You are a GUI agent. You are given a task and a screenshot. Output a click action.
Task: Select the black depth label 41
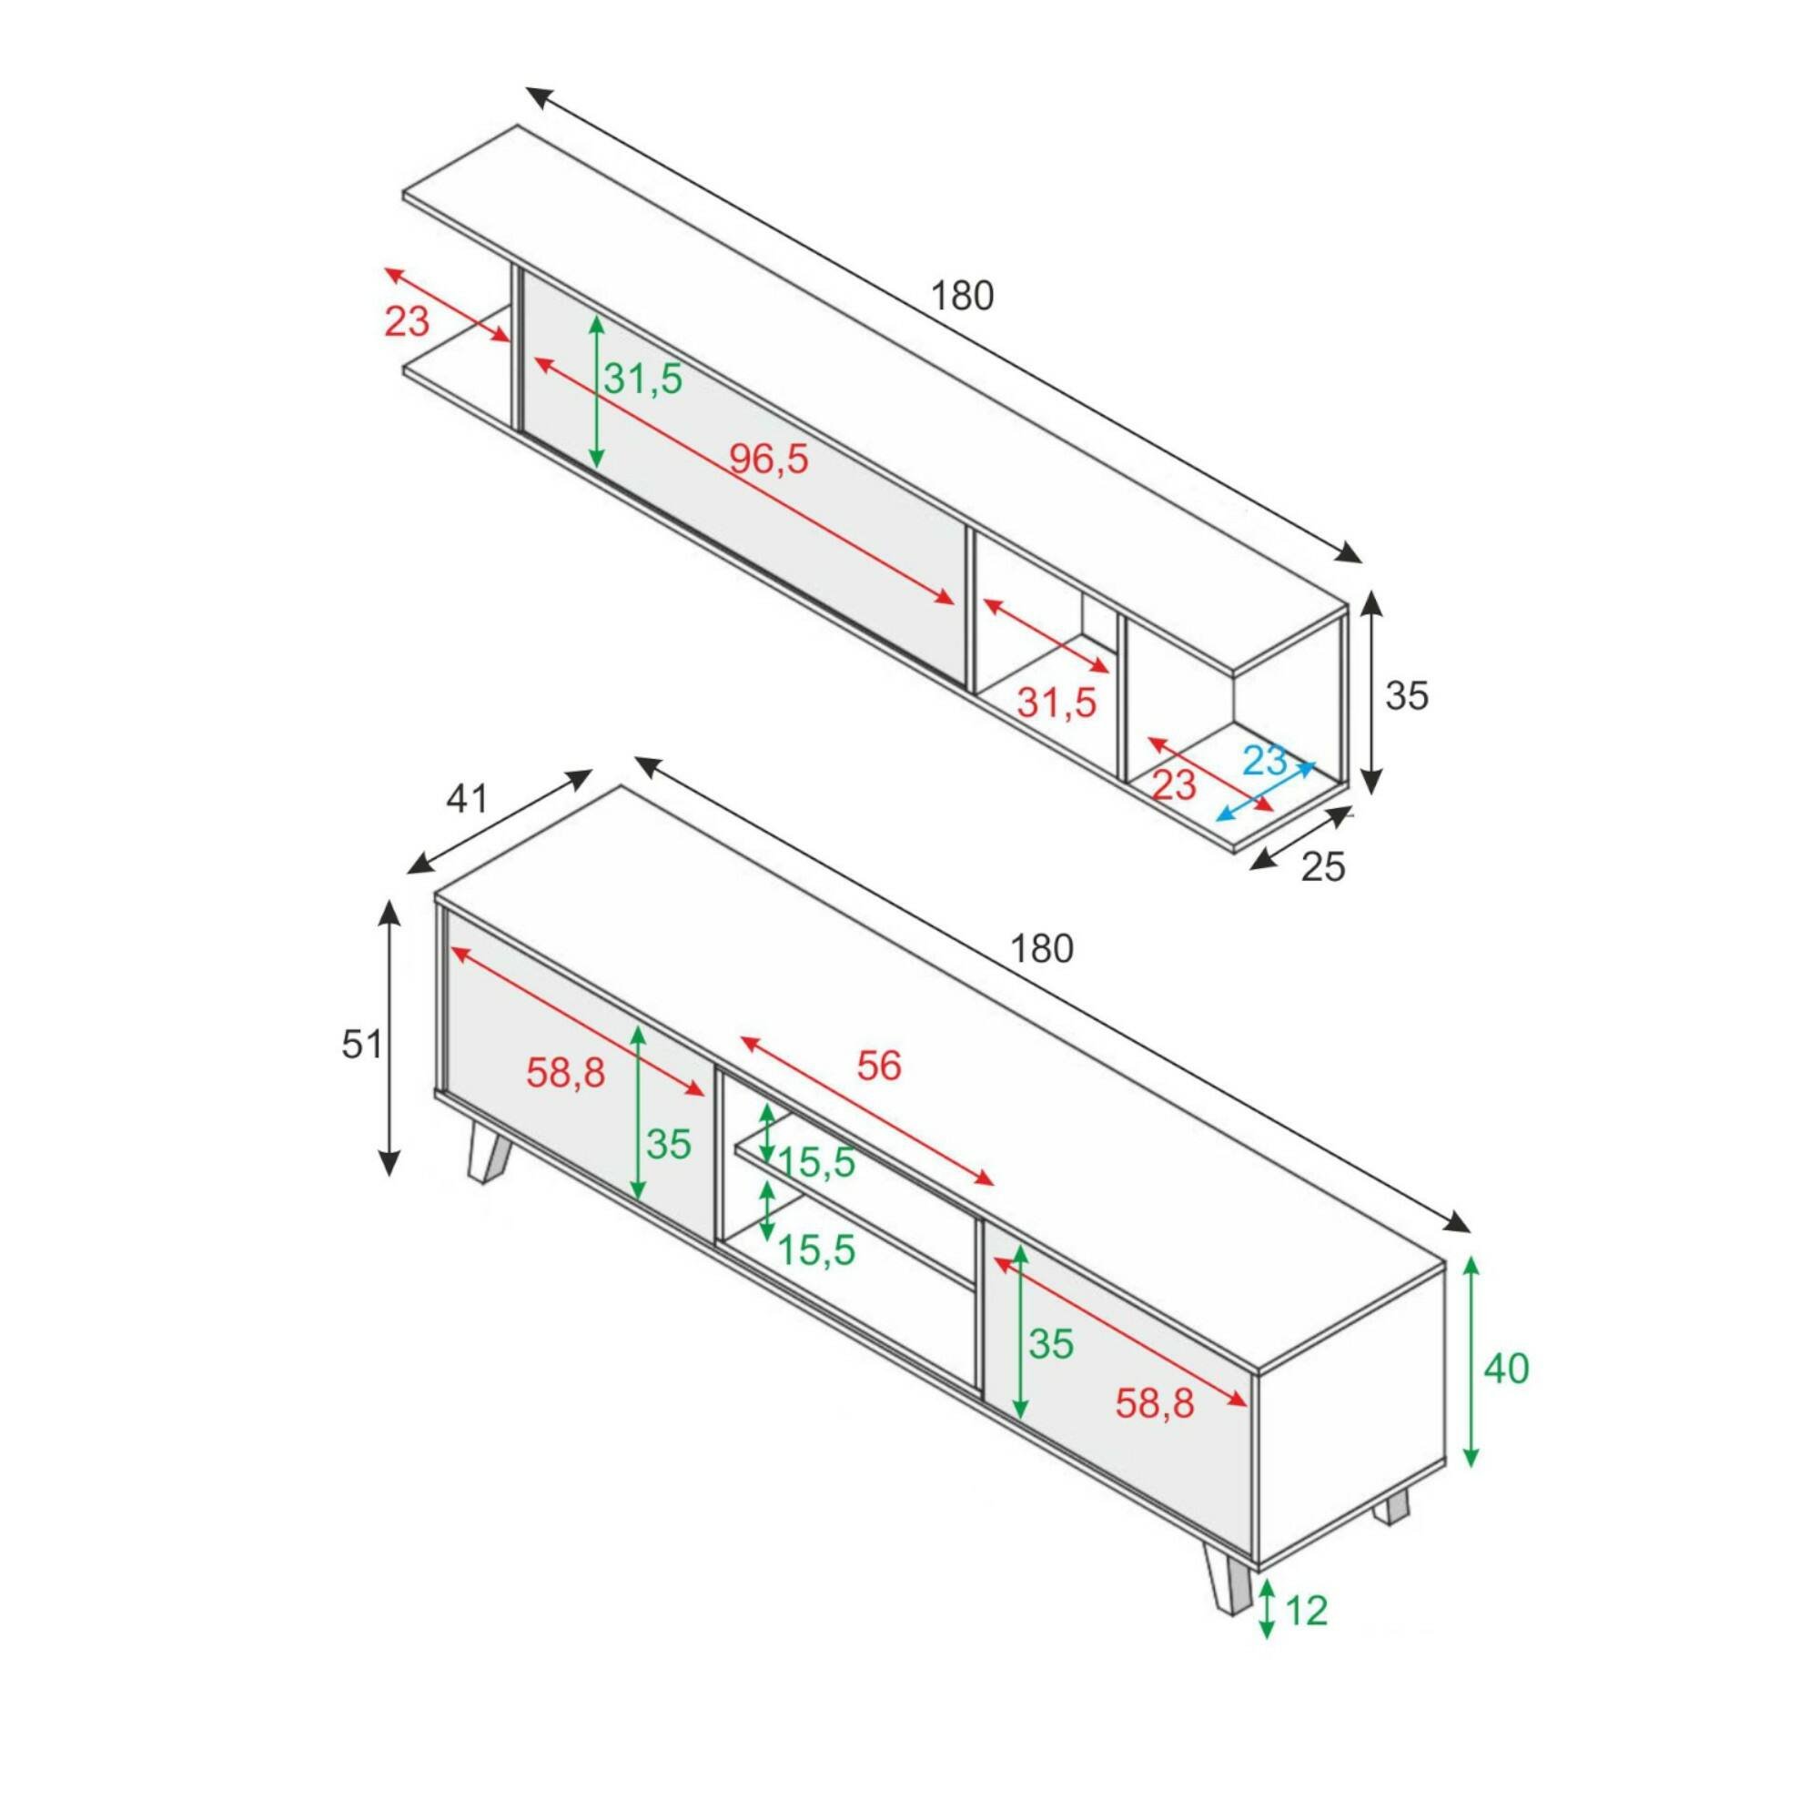467,799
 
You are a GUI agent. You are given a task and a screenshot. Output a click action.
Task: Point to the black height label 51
362,1045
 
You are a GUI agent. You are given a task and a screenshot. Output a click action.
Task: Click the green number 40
1506,1369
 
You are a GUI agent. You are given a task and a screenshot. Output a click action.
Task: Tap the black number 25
1322,866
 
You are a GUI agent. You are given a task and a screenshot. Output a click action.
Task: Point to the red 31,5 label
1057,703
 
